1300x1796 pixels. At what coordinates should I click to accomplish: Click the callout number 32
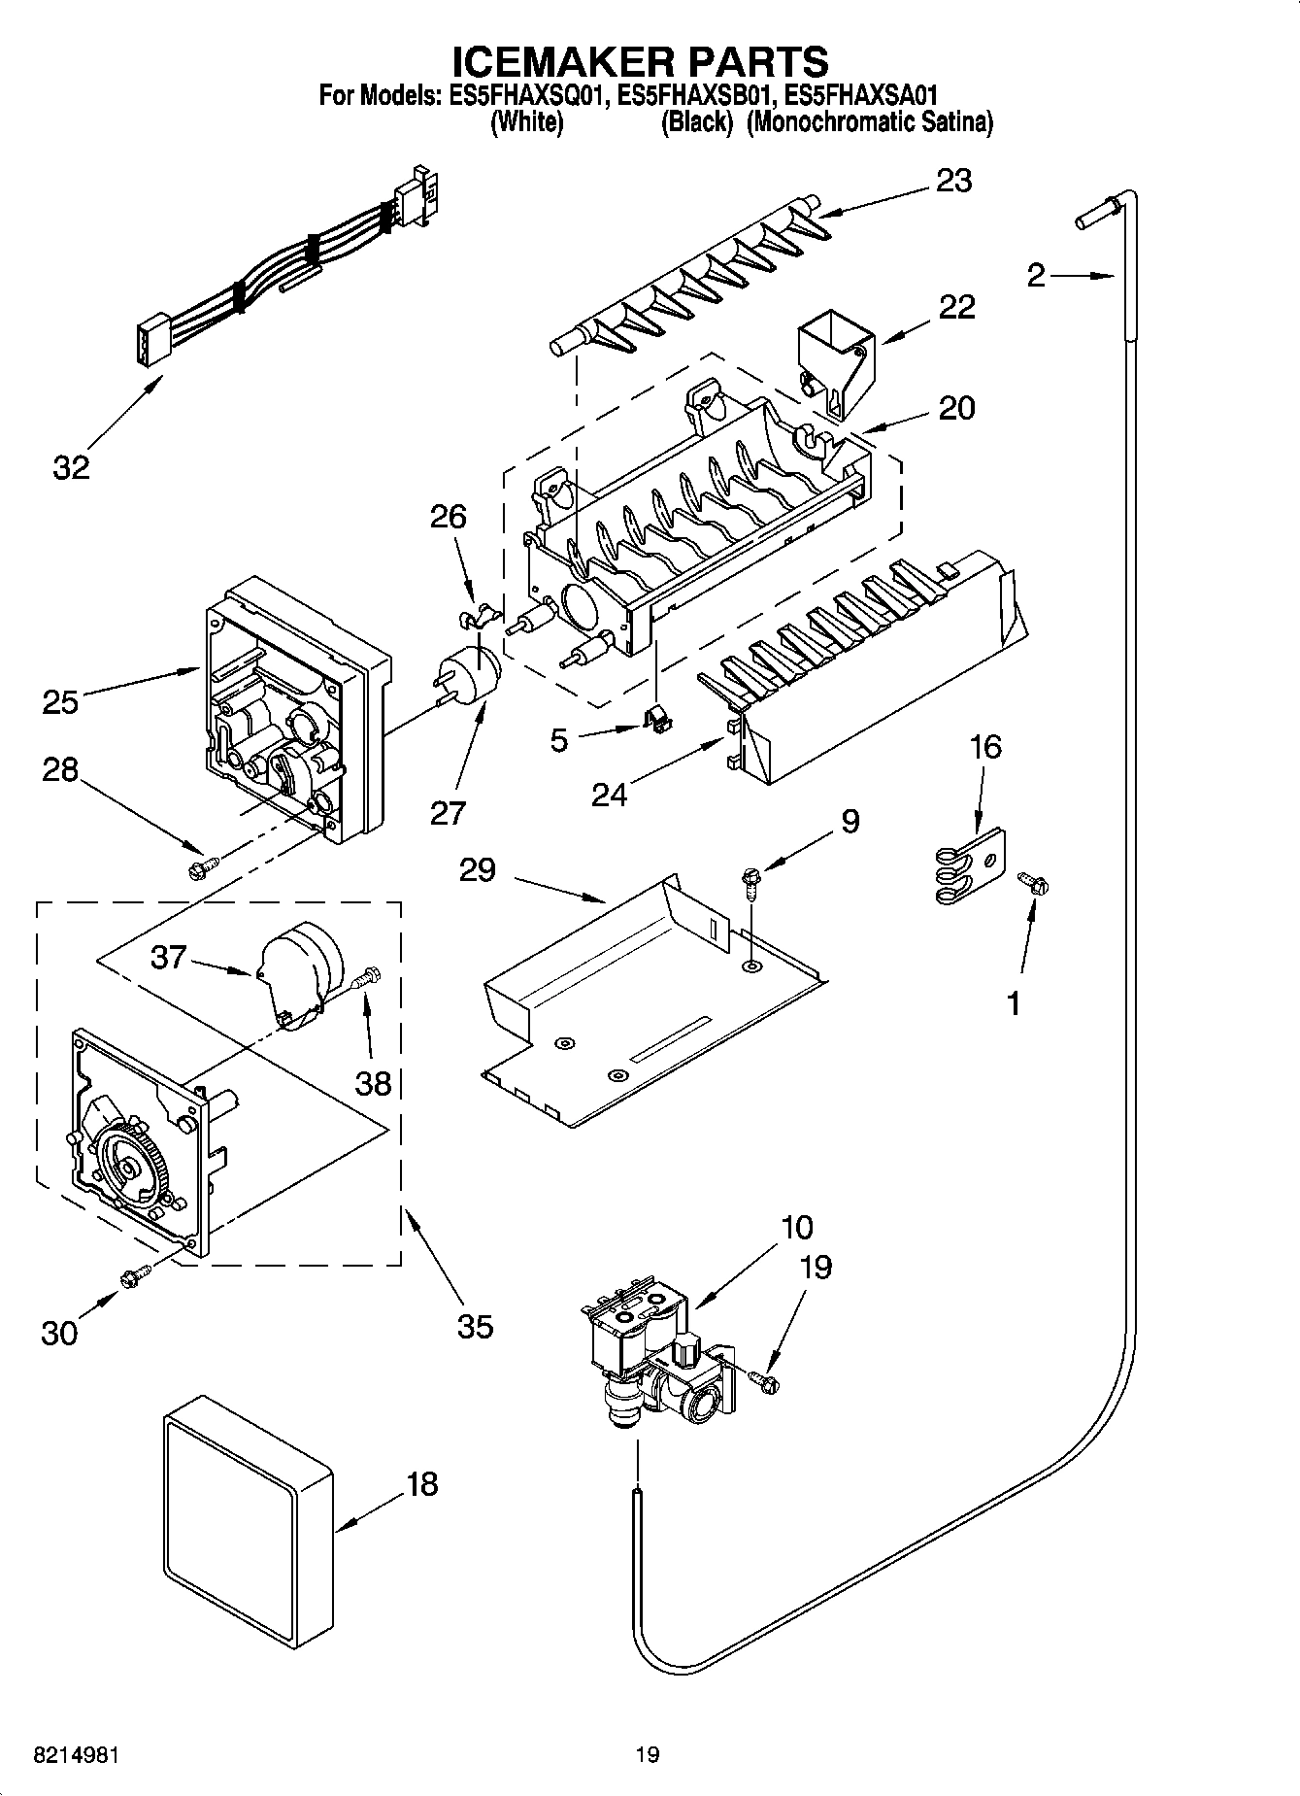coord(70,467)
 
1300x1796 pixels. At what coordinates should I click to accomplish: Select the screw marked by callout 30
coord(134,1277)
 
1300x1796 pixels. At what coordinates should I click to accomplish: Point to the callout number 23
coord(953,182)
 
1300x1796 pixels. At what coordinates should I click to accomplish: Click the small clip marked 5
coord(658,720)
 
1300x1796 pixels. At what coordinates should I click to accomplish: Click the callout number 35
coord(475,1326)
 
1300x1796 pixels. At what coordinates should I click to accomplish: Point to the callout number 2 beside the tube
coord(1036,276)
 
